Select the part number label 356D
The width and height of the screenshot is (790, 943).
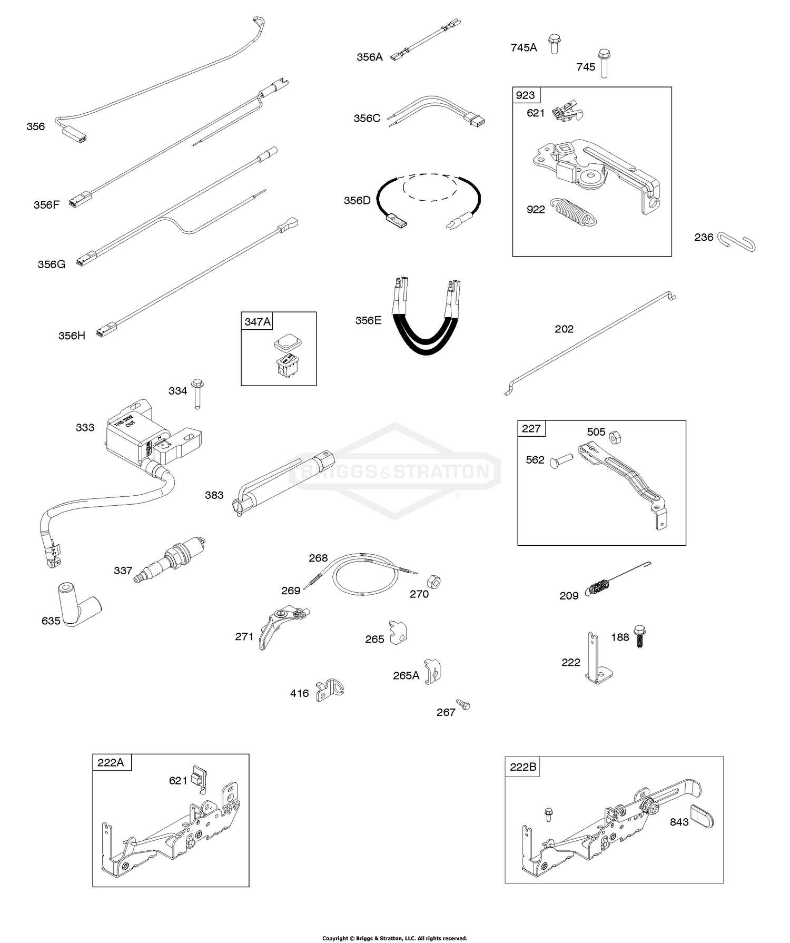click(357, 201)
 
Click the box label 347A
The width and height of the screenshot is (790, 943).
click(258, 321)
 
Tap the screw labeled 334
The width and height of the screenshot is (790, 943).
click(197, 393)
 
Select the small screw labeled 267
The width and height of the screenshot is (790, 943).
click(463, 705)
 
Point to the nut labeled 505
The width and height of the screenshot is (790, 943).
click(614, 437)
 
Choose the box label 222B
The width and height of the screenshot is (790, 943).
click(522, 767)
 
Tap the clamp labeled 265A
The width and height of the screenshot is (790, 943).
click(432, 671)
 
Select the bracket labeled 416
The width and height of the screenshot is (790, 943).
click(329, 691)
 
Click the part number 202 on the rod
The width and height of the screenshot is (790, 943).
click(564, 329)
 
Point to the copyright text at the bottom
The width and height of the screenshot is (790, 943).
click(394, 938)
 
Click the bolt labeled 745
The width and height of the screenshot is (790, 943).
click(604, 63)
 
